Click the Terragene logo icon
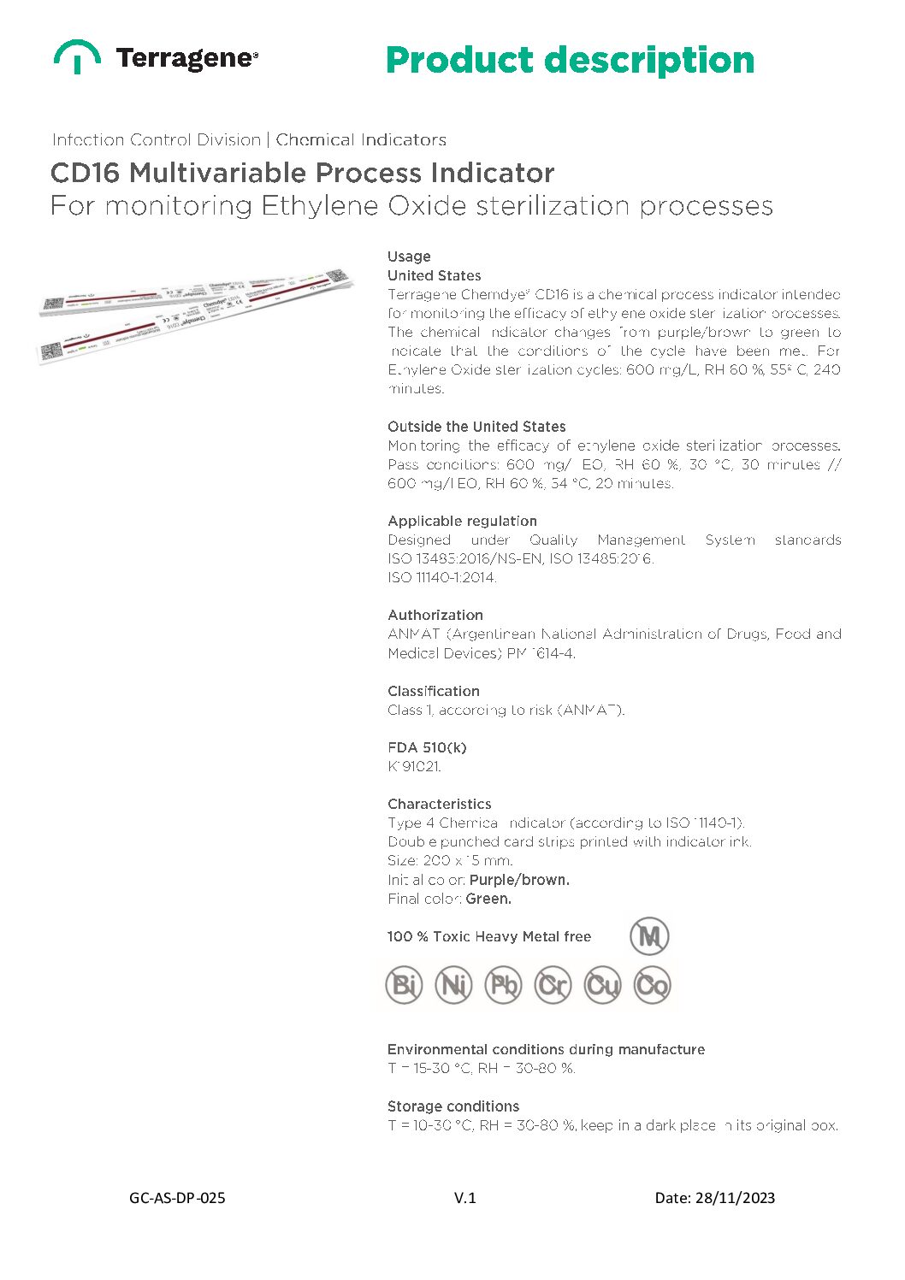tap(77, 56)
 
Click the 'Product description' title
tap(570, 61)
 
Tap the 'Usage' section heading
tap(409, 257)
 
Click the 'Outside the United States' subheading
tap(476, 427)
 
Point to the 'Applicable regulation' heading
tap(462, 521)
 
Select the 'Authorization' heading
tap(435, 615)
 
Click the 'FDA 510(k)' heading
tap(427, 747)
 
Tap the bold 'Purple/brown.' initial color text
tap(519, 880)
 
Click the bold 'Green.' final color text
tap(488, 899)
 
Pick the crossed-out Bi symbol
tap(404, 985)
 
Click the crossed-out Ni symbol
tap(453, 985)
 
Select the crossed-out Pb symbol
tap(503, 985)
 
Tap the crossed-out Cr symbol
tap(553, 985)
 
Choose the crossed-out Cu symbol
tap(602, 985)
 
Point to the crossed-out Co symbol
tap(652, 985)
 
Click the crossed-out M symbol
tap(649, 936)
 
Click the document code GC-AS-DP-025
tap(177, 1198)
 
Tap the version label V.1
tap(464, 1198)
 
